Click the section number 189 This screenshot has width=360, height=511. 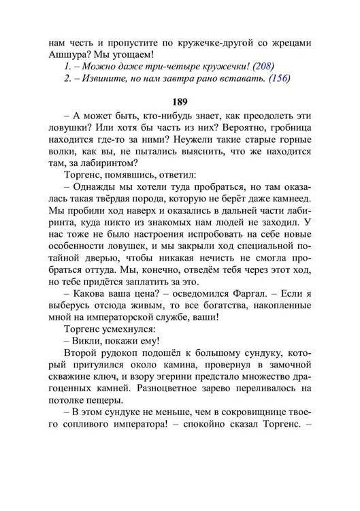pyautogui.click(x=180, y=101)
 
